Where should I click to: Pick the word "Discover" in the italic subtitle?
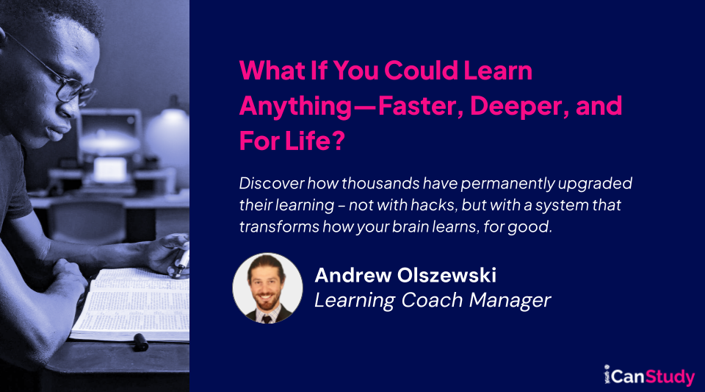coord(270,182)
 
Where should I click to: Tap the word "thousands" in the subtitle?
coord(372,182)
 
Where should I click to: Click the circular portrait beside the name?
coord(267,289)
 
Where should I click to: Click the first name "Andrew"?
coord(347,276)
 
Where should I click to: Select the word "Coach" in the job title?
coord(428,300)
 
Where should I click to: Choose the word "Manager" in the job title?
coord(512,300)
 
